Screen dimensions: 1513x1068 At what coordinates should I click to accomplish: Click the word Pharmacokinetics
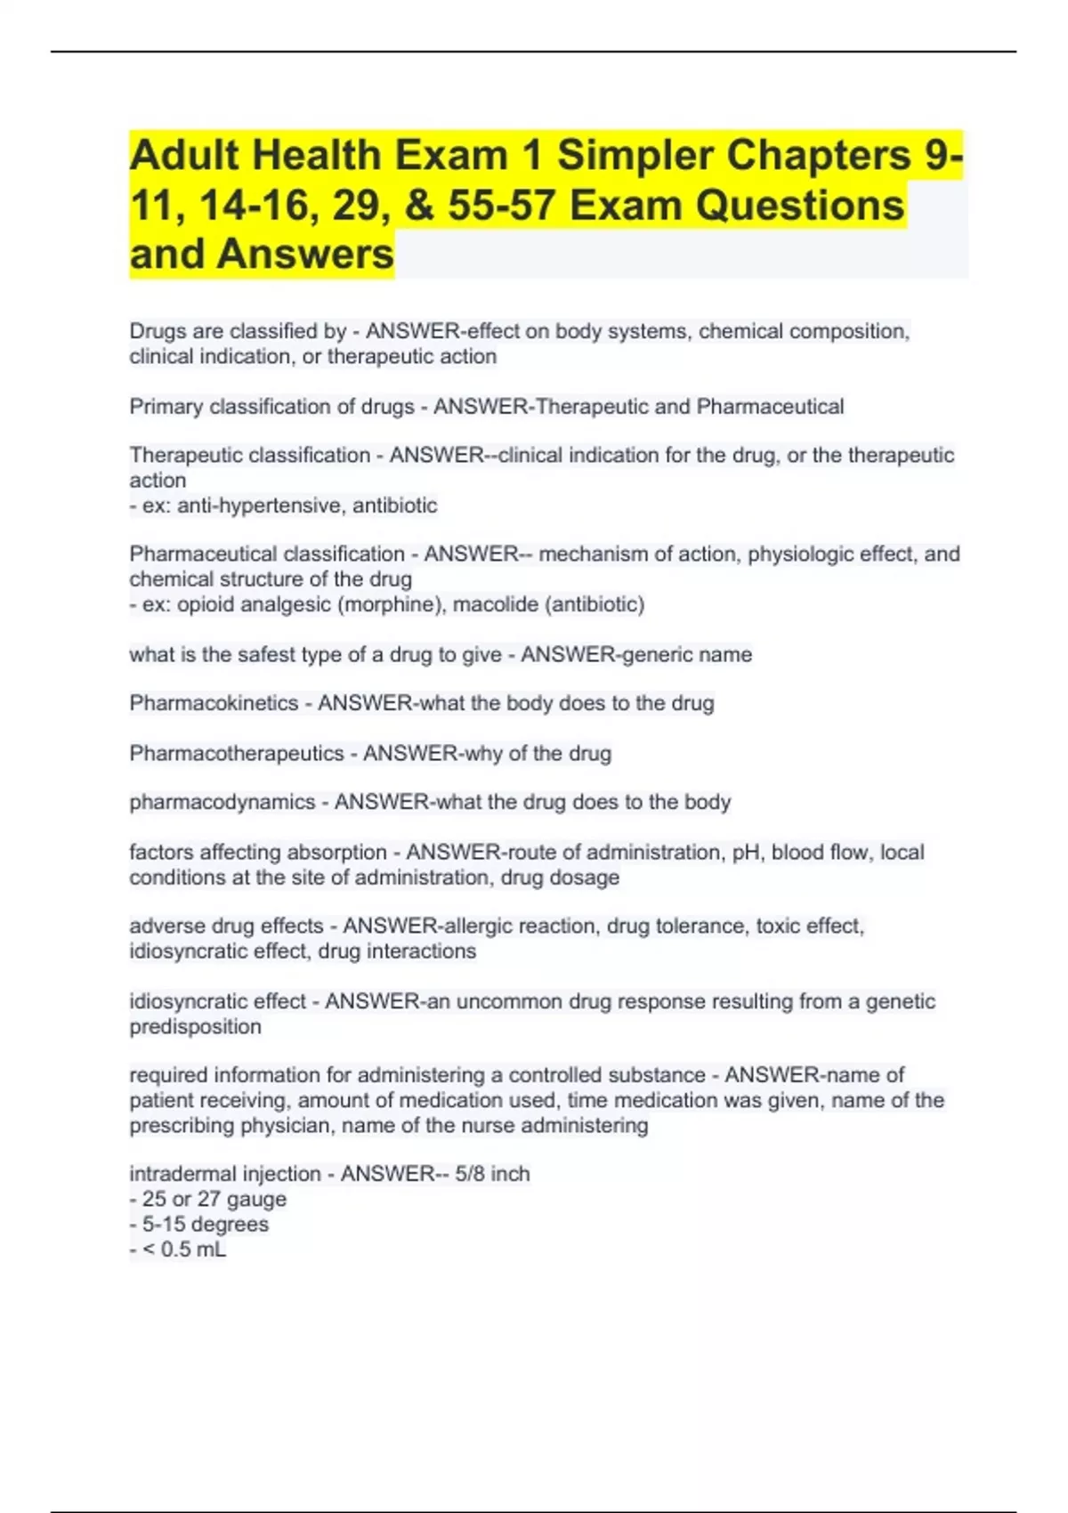click(x=214, y=703)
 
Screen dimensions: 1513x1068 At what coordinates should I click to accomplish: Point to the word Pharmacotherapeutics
click(x=236, y=753)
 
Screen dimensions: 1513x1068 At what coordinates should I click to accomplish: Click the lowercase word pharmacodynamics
click(x=222, y=802)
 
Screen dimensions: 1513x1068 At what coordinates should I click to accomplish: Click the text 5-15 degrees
click(x=205, y=1224)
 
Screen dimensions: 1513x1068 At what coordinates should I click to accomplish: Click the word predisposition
click(x=195, y=1026)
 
